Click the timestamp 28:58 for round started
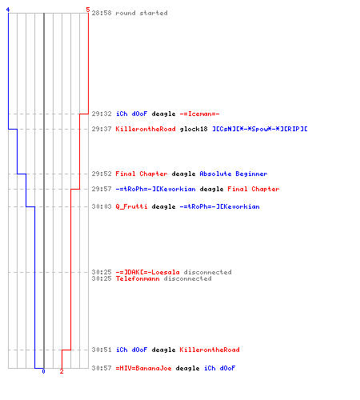102,13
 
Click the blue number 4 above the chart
8,10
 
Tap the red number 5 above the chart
88,10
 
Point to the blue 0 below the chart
43,371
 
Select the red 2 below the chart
62,371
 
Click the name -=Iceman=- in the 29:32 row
199,114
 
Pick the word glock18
194,129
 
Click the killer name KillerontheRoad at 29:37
146,129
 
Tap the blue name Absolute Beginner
234,174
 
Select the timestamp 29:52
102,174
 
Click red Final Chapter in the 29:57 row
254,189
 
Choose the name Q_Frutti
131,206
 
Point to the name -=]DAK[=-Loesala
147,272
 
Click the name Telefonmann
138,278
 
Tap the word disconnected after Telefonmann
187,278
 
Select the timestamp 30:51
102,350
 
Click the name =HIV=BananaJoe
143,368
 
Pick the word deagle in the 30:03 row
163,206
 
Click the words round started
142,13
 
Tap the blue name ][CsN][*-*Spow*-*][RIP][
260,129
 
